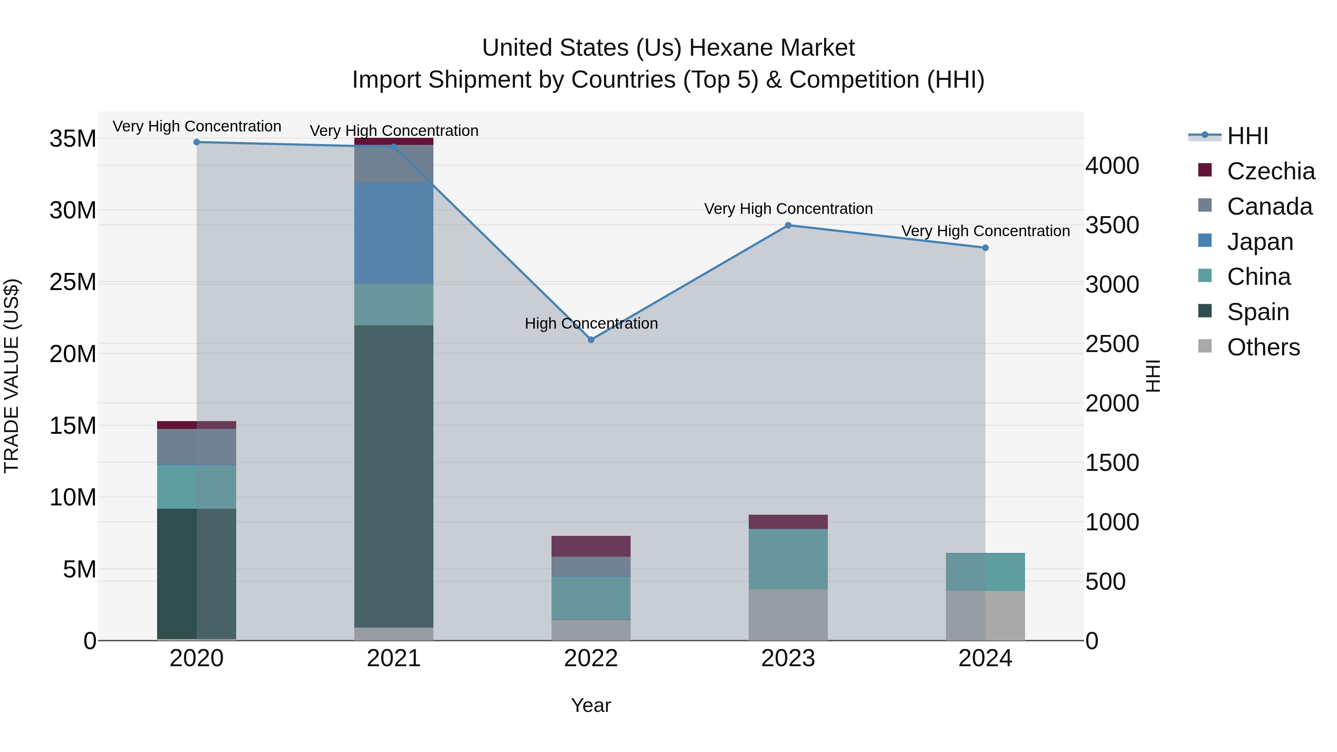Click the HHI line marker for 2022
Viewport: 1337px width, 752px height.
pyautogui.click(x=591, y=339)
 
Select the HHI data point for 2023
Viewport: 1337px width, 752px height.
pyautogui.click(x=788, y=225)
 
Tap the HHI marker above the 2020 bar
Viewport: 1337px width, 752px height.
pyautogui.click(x=197, y=142)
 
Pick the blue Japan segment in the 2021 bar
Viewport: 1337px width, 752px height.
pyautogui.click(x=393, y=232)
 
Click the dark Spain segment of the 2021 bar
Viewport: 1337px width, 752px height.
pyautogui.click(x=393, y=476)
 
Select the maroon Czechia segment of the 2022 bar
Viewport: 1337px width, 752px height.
pyautogui.click(x=591, y=546)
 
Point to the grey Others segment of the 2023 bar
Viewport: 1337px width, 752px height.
pyautogui.click(x=788, y=615)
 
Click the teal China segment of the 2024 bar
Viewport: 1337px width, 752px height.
pyautogui.click(x=985, y=572)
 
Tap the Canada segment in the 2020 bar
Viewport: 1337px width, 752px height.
pyautogui.click(x=197, y=447)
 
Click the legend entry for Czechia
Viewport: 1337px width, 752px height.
pyautogui.click(x=1271, y=171)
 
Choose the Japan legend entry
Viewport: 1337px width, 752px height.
pyautogui.click(x=1260, y=242)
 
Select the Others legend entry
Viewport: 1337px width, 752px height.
pyautogui.click(x=1263, y=347)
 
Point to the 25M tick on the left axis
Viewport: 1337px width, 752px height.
pyautogui.click(x=73, y=282)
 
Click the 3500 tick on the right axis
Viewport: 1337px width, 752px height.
pyautogui.click(x=1112, y=225)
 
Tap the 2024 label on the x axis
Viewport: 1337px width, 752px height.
pyautogui.click(x=985, y=658)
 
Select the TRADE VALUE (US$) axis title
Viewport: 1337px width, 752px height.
pyautogui.click(x=12, y=376)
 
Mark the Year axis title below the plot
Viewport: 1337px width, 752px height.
pyautogui.click(x=591, y=705)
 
